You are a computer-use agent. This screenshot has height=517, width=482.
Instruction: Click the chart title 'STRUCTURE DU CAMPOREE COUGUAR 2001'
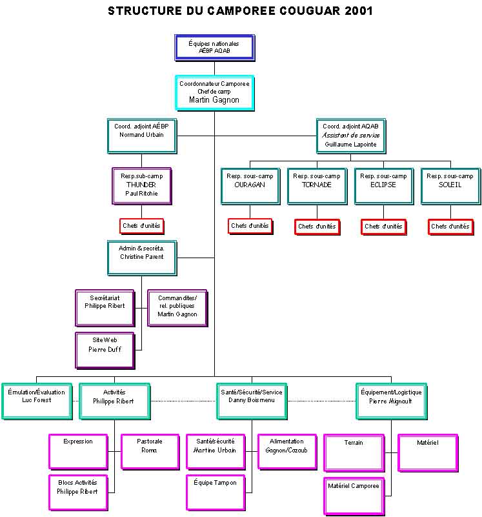[x=240, y=11]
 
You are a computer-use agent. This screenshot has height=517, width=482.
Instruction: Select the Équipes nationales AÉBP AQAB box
[x=214, y=47]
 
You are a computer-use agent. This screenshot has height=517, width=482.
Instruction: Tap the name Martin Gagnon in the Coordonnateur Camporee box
[x=214, y=100]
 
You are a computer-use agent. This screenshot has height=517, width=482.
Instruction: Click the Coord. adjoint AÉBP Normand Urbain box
[x=141, y=135]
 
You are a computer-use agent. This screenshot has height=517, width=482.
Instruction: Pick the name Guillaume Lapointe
[x=351, y=145]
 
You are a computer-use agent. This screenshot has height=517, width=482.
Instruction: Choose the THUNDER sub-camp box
[x=141, y=185]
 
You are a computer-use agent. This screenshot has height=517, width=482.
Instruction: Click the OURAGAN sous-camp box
[x=250, y=185]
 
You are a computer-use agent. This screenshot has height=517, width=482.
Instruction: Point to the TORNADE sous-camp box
[x=317, y=185]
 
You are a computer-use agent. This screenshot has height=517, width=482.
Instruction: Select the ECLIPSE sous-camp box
[x=383, y=185]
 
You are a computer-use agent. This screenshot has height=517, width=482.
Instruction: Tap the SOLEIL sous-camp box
[x=450, y=185]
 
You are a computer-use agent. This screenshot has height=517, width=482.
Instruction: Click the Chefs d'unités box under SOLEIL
[x=450, y=227]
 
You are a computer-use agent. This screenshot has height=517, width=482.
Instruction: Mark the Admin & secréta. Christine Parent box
[x=141, y=257]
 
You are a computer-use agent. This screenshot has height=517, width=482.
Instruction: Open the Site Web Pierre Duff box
[x=105, y=349]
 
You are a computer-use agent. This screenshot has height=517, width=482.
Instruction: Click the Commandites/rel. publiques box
[x=177, y=307]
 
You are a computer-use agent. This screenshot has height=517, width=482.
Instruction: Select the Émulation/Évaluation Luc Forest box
[x=36, y=400]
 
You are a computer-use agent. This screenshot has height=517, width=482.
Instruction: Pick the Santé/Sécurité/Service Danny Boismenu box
[x=251, y=400]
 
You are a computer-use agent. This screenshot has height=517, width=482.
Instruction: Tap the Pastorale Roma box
[x=150, y=451]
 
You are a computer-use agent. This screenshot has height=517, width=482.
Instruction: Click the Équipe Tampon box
[x=216, y=491]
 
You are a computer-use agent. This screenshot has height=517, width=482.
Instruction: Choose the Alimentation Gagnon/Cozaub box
[x=286, y=451]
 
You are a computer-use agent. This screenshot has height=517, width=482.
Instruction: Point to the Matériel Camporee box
[x=354, y=495]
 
